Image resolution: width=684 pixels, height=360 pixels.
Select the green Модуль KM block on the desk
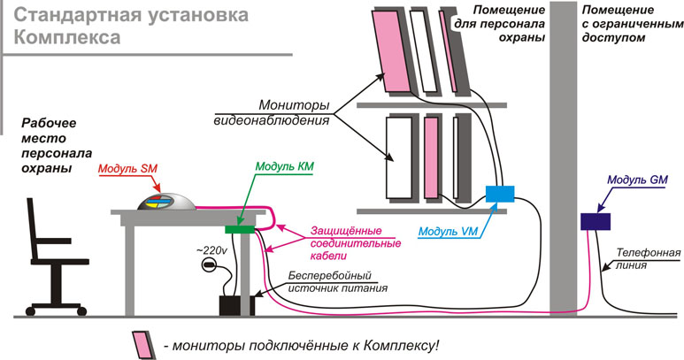239,230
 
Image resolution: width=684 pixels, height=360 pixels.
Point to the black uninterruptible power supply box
236,304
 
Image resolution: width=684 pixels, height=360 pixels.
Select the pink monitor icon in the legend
141,342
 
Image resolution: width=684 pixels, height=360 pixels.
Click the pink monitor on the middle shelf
431,157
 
